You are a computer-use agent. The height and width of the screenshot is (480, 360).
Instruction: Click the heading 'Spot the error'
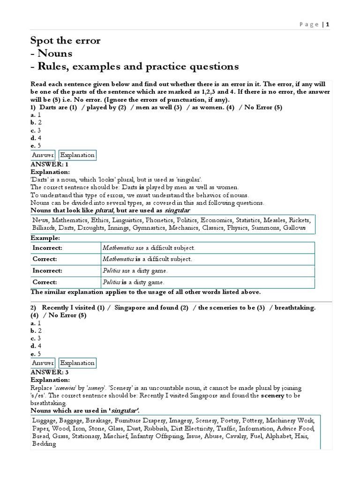[x=65, y=41]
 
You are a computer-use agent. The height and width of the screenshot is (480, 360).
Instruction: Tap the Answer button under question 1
[x=43, y=155]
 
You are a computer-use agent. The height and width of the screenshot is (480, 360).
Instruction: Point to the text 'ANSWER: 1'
[x=49, y=165]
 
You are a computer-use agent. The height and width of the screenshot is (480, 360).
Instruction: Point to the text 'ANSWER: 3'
[x=49, y=372]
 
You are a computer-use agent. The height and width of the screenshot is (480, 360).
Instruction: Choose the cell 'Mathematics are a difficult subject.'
[x=148, y=247]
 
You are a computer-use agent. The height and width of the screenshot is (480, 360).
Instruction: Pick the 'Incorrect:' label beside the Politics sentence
[x=47, y=271]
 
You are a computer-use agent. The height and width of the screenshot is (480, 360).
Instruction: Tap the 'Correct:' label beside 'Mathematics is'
[x=45, y=259]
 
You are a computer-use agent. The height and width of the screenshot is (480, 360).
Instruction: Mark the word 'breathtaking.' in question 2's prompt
[x=295, y=307]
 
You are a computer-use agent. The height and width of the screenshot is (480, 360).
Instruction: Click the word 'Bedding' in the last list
[x=44, y=443]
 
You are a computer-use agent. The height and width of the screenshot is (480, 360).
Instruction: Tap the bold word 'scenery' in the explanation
[x=260, y=396]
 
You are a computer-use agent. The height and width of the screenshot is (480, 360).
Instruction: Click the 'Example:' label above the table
[x=45, y=238]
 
